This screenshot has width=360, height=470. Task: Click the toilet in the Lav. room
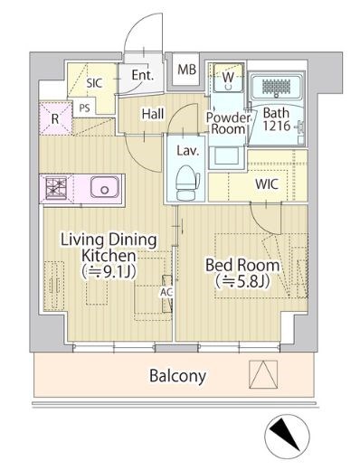(x=187, y=183)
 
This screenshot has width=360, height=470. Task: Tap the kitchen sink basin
(x=104, y=187)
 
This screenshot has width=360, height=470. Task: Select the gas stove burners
(x=56, y=188)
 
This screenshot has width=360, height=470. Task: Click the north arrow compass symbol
(x=287, y=437)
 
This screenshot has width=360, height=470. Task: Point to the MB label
(x=186, y=70)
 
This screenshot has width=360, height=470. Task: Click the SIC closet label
(x=94, y=83)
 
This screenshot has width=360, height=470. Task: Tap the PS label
(x=84, y=108)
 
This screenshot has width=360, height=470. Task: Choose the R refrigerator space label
(x=55, y=119)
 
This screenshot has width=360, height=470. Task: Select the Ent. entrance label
(x=143, y=75)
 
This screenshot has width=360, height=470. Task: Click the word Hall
(x=153, y=114)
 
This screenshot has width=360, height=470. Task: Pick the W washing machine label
(x=228, y=77)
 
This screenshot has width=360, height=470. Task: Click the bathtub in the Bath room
(x=276, y=87)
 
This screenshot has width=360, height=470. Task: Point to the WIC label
(x=267, y=184)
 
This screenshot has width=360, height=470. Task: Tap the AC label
(x=166, y=292)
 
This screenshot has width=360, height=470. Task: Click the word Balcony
(x=178, y=376)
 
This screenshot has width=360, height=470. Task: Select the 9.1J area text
(x=109, y=272)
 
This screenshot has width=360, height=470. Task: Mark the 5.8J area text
(x=242, y=281)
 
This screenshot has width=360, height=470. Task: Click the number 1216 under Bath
(x=276, y=126)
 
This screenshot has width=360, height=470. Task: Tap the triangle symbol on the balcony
(x=263, y=374)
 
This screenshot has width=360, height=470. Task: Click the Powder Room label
(x=228, y=123)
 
